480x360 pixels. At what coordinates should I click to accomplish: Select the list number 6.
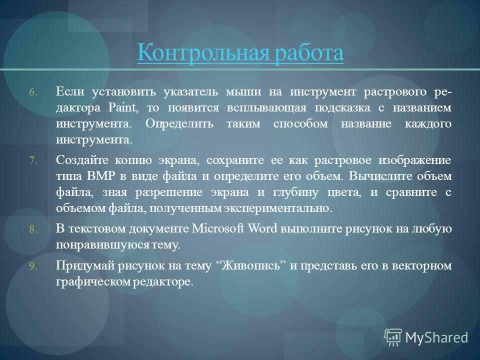tap(33, 92)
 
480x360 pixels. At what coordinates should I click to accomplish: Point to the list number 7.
tap(33, 160)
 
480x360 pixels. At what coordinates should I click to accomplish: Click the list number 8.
tap(33, 229)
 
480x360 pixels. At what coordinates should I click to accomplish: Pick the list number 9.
tap(33, 266)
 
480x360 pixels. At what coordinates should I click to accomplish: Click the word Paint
tap(122, 108)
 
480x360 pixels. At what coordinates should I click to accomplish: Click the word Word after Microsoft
tap(262, 228)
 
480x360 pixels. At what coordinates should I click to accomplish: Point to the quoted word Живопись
tap(250, 265)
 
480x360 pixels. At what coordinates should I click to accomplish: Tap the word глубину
tap(295, 192)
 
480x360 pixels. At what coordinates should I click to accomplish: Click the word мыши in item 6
tap(243, 92)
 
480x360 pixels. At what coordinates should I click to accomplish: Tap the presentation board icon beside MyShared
tap(393, 337)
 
